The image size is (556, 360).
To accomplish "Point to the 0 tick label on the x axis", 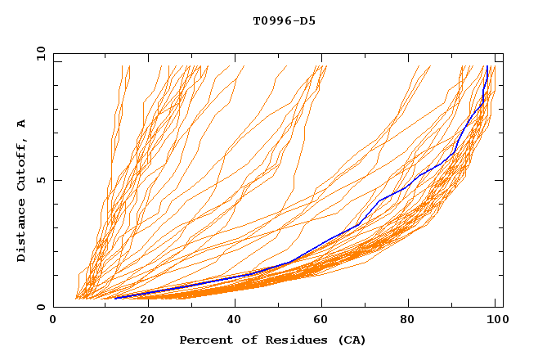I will (x=53, y=321).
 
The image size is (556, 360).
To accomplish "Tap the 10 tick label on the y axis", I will (x=39, y=53).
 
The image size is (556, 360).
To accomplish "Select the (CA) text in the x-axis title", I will (x=352, y=340).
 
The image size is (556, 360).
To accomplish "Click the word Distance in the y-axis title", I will (x=22, y=232).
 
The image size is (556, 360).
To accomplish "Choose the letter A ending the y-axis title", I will (x=22, y=124).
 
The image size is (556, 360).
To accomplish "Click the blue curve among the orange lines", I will (x=379, y=200).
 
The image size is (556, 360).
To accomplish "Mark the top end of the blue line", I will (x=487, y=66).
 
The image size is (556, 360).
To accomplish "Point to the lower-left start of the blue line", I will (x=114, y=299).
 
